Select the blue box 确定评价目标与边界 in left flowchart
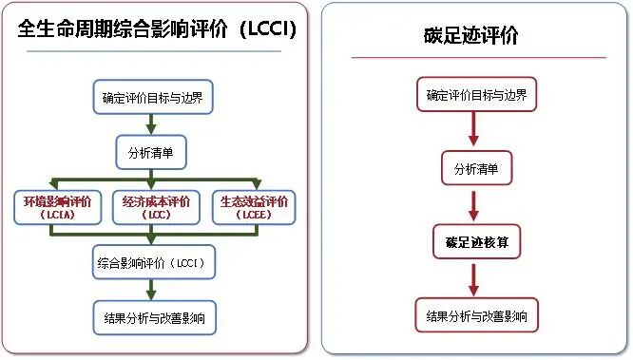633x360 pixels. [152, 97]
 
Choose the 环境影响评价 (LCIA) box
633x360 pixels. [56, 207]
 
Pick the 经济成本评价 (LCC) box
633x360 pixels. [157, 207]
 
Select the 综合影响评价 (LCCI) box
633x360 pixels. [152, 262]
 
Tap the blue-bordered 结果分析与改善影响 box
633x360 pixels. [152, 316]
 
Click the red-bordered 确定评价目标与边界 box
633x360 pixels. [476, 95]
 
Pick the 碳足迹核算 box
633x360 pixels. [476, 242]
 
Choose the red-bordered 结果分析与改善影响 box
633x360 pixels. [476, 315]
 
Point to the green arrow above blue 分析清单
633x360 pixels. [151, 124]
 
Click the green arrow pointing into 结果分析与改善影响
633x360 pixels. [151, 290]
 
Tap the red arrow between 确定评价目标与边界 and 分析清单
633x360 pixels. [474, 131]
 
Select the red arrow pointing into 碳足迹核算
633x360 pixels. [474, 205]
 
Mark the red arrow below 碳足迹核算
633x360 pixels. [474, 279]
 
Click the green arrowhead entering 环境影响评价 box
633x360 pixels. [55, 184]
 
